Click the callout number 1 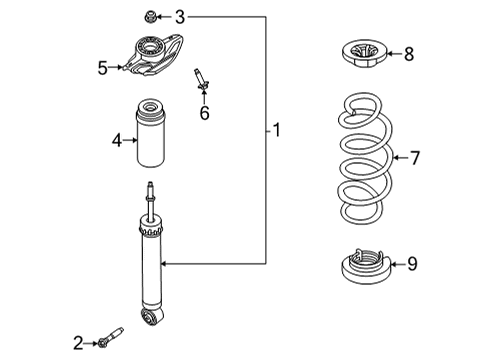pos(278,129)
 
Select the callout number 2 pos(78,343)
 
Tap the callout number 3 pos(180,16)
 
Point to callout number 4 pos(117,141)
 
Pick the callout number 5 pos(103,67)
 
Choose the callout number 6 pos(204,113)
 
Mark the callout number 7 pos(415,157)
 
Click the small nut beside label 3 pos(150,16)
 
